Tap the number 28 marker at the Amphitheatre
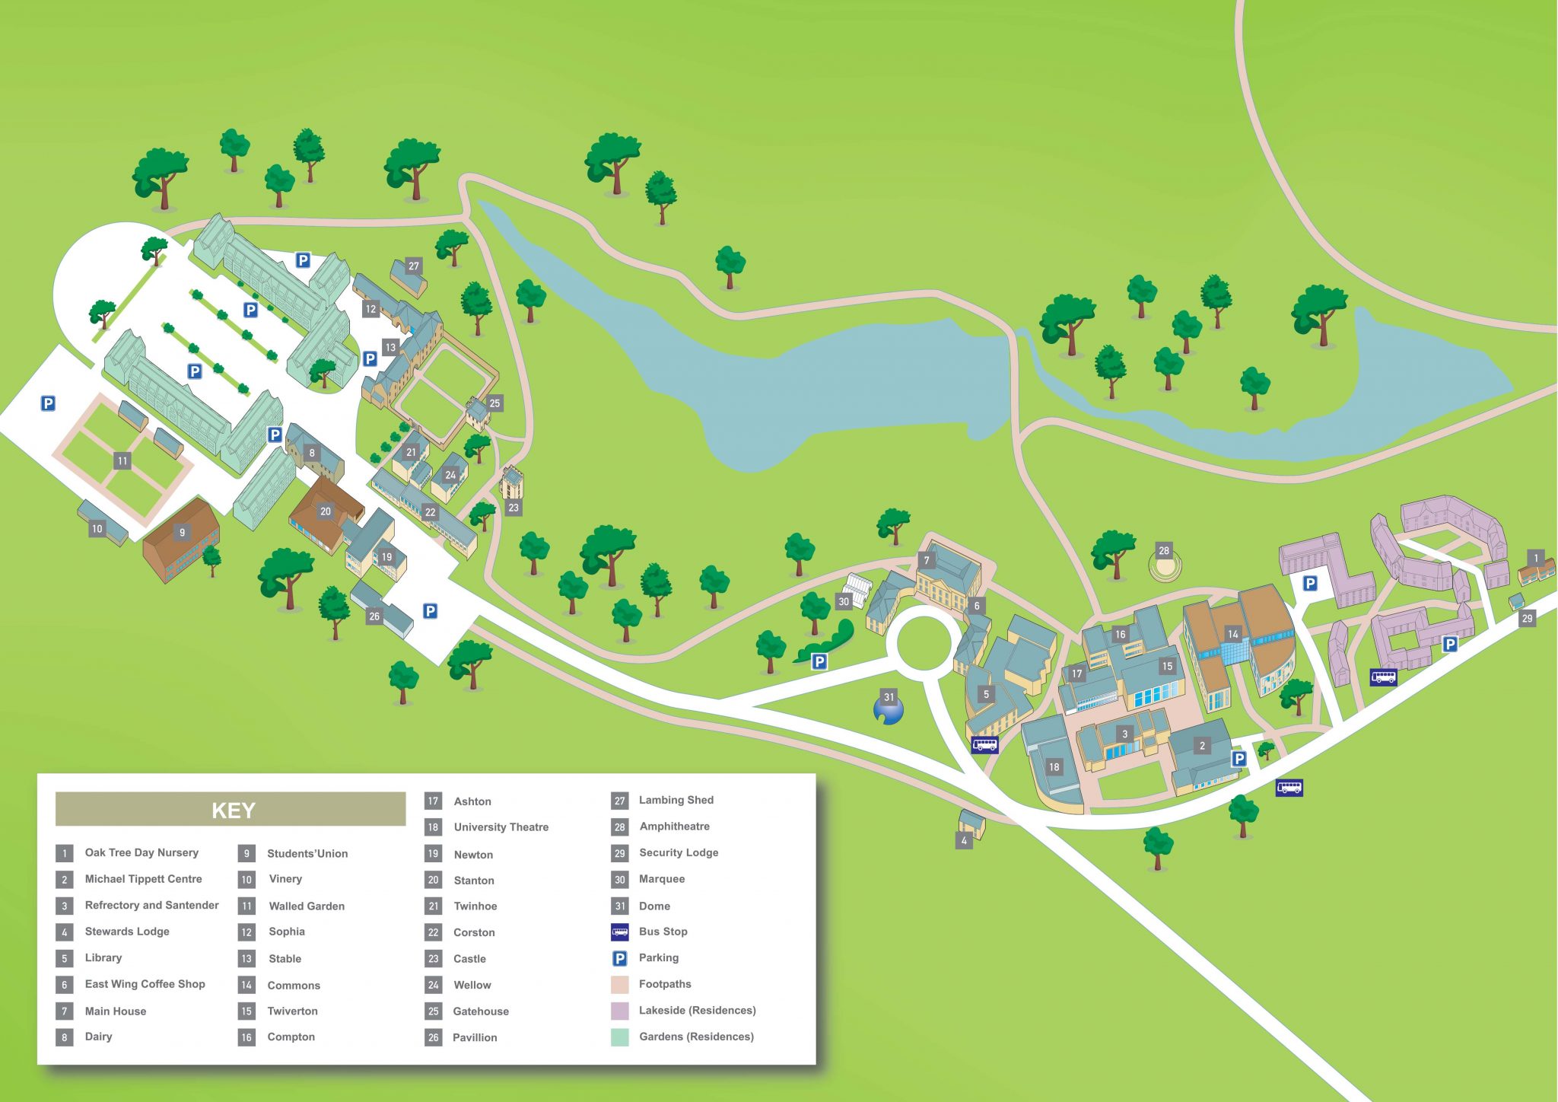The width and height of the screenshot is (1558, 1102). click(x=1163, y=550)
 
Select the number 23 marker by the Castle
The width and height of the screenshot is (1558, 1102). click(x=514, y=508)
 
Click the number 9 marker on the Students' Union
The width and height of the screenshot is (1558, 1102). click(x=182, y=533)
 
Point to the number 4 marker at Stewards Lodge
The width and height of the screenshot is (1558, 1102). click(x=964, y=841)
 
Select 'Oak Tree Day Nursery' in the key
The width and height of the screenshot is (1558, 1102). click(x=141, y=852)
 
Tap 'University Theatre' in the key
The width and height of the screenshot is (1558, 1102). click(x=501, y=827)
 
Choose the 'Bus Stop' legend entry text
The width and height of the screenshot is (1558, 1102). click(x=663, y=932)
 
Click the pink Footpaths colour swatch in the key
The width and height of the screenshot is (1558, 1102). click(x=620, y=984)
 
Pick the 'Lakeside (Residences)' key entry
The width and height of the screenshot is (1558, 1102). click(x=697, y=1011)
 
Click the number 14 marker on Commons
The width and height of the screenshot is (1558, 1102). click(x=1232, y=634)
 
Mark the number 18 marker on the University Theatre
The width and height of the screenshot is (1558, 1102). click(x=1054, y=767)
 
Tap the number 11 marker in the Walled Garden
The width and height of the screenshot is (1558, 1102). click(x=122, y=460)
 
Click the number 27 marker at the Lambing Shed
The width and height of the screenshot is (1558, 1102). click(x=413, y=266)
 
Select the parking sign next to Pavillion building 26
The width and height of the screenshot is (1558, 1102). click(x=430, y=611)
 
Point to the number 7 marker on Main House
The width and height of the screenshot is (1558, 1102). click(x=926, y=561)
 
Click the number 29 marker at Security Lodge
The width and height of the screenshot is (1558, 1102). click(x=1527, y=619)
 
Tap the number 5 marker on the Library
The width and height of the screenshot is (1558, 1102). click(x=985, y=694)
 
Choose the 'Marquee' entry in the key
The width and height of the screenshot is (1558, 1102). click(x=662, y=879)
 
